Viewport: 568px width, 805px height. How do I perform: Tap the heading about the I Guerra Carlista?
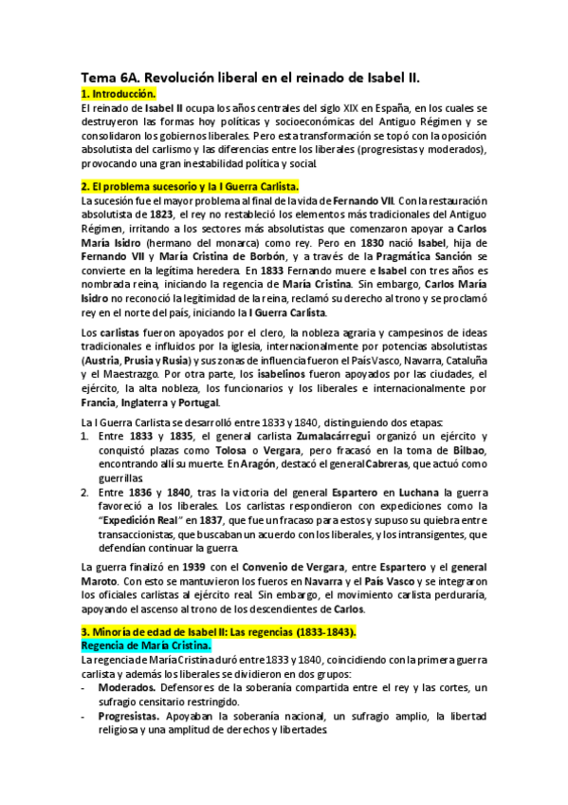190,186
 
